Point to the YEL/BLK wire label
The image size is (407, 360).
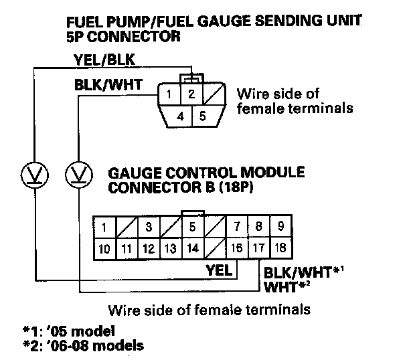(103, 62)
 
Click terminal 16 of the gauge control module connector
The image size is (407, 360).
(236, 248)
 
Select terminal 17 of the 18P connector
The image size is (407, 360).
(258, 248)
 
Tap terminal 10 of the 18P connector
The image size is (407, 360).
(104, 248)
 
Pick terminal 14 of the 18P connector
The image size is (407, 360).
(192, 248)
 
